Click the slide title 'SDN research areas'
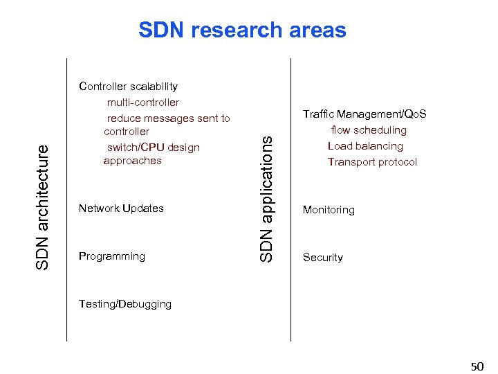[x=242, y=30]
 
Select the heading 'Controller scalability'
[x=128, y=87]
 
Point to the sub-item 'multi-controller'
[x=142, y=103]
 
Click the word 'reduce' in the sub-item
[x=123, y=118]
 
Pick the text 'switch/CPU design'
[x=153, y=147]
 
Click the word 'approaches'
[x=132, y=161]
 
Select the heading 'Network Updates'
[x=121, y=208]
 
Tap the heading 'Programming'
[x=112, y=256]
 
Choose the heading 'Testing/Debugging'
[x=125, y=304]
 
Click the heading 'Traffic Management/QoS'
[x=365, y=114]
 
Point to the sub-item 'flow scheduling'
[x=369, y=130]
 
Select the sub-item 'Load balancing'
[x=365, y=146]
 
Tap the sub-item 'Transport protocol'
[x=372, y=162]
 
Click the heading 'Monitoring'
[x=329, y=210]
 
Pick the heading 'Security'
[x=323, y=258]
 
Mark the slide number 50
[x=477, y=366]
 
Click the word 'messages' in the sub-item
[x=169, y=118]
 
